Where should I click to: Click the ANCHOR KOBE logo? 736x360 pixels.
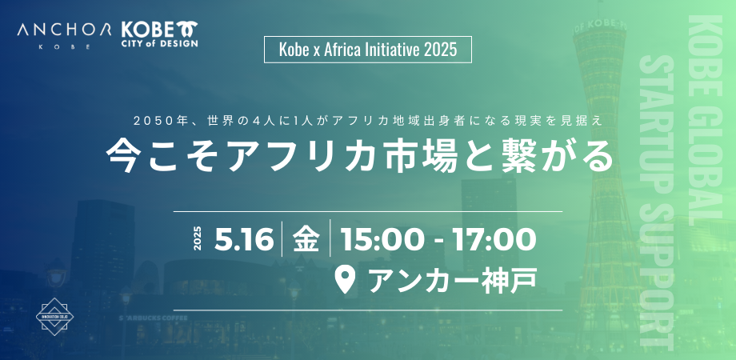pyautogui.click(x=64, y=34)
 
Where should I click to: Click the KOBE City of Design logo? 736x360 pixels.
pyautogui.click(x=159, y=34)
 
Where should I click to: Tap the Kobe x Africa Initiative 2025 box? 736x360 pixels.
pyautogui.click(x=368, y=50)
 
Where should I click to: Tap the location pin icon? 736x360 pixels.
pyautogui.click(x=344, y=279)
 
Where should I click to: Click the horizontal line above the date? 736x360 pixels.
pyautogui.click(x=368, y=211)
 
